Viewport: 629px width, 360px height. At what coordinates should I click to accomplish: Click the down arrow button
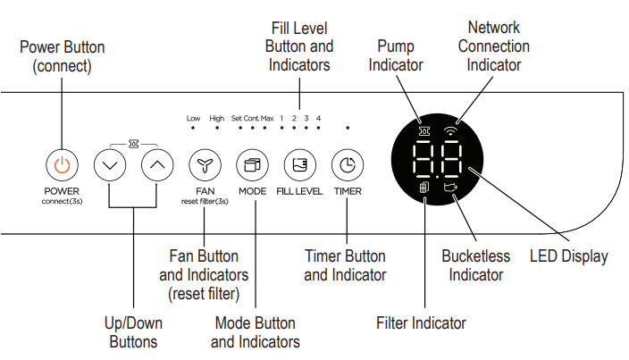(x=110, y=164)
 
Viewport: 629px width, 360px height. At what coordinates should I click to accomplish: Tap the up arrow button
(x=158, y=164)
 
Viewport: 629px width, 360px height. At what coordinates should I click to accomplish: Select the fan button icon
(x=205, y=164)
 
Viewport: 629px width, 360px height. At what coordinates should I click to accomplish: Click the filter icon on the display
(x=424, y=190)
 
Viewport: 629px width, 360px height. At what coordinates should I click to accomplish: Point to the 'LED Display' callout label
(x=568, y=256)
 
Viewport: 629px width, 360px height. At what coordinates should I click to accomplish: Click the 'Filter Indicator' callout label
(x=421, y=322)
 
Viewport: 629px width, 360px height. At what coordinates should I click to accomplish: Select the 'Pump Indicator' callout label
(x=396, y=55)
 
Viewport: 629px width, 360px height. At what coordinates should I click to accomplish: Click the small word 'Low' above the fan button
(x=193, y=118)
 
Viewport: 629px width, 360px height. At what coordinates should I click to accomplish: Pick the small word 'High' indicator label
(x=217, y=118)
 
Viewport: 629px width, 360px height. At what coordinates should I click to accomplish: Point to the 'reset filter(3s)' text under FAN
(x=205, y=202)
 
